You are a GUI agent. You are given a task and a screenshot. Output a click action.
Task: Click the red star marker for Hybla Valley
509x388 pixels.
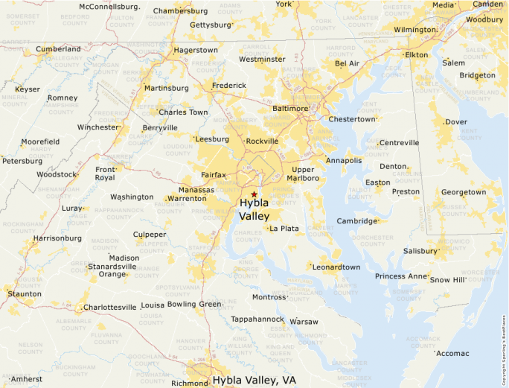pyautogui.click(x=254, y=194)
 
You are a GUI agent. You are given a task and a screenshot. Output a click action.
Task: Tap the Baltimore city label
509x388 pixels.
pyautogui.click(x=290, y=108)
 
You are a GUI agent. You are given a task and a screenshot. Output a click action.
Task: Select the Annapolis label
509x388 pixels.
pyautogui.click(x=344, y=160)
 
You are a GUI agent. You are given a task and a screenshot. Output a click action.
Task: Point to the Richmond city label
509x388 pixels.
pyautogui.click(x=189, y=384)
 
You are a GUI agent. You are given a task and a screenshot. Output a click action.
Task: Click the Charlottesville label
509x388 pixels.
pyautogui.click(x=110, y=307)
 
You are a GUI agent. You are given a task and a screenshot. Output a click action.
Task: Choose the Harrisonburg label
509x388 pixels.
pyautogui.click(x=57, y=238)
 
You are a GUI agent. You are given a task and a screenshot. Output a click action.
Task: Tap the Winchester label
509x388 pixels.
pyautogui.click(x=98, y=127)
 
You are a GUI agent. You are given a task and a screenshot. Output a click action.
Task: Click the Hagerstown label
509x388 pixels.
pyautogui.click(x=196, y=51)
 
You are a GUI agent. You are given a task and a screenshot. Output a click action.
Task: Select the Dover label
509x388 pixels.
pyautogui.click(x=456, y=121)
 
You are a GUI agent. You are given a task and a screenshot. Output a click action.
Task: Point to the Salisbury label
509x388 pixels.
pyautogui.click(x=420, y=251)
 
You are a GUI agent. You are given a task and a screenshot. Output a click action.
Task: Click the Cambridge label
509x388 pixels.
pyautogui.click(x=357, y=221)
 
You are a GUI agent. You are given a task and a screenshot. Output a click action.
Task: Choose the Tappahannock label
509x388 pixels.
pyautogui.click(x=257, y=319)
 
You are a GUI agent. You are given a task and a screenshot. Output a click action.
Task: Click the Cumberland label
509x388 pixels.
pyautogui.click(x=59, y=49)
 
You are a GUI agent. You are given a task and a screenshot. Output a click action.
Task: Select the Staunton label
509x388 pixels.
pyautogui.click(x=25, y=294)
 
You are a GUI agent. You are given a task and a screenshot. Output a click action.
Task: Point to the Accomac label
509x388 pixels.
pyautogui.click(x=453, y=353)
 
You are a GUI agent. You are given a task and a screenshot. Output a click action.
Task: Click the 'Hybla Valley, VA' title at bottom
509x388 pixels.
pyautogui.click(x=254, y=380)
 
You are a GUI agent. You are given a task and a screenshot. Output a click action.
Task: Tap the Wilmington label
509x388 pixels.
pyautogui.click(x=414, y=30)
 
